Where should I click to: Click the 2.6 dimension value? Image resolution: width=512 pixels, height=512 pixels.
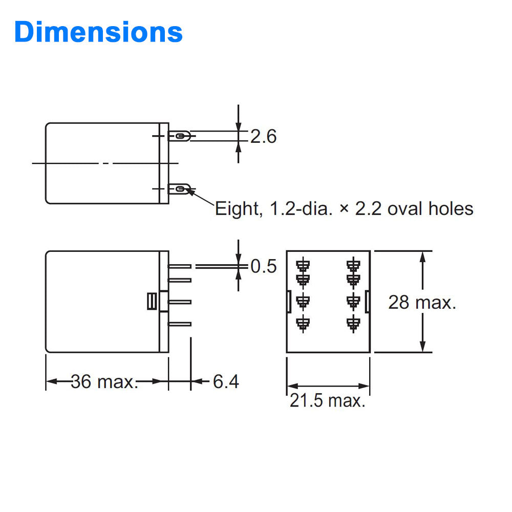click(263, 137)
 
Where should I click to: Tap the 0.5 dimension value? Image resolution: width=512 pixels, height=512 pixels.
click(263, 267)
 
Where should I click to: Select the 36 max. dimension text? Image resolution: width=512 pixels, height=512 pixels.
click(104, 381)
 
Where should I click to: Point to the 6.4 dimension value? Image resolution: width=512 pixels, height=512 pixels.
click(226, 381)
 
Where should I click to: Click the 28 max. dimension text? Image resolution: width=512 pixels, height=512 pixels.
click(422, 302)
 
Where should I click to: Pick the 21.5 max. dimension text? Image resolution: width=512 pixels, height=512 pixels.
click(328, 400)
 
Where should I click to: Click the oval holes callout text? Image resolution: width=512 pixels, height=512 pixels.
click(344, 208)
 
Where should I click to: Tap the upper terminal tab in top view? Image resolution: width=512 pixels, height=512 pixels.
click(180, 136)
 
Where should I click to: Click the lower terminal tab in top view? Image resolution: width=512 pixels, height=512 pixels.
click(180, 189)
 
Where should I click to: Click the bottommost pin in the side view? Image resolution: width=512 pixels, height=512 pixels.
click(180, 324)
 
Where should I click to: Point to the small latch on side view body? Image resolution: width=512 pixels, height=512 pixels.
click(151, 302)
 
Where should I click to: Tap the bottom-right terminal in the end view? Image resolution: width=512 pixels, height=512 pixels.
click(352, 323)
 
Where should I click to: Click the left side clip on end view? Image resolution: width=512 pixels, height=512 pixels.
click(289, 302)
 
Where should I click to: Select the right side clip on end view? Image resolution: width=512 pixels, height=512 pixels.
click(367, 302)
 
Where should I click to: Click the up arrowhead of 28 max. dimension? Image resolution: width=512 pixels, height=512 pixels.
click(422, 256)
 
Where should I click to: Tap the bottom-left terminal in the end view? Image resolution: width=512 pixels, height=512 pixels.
click(304, 323)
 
